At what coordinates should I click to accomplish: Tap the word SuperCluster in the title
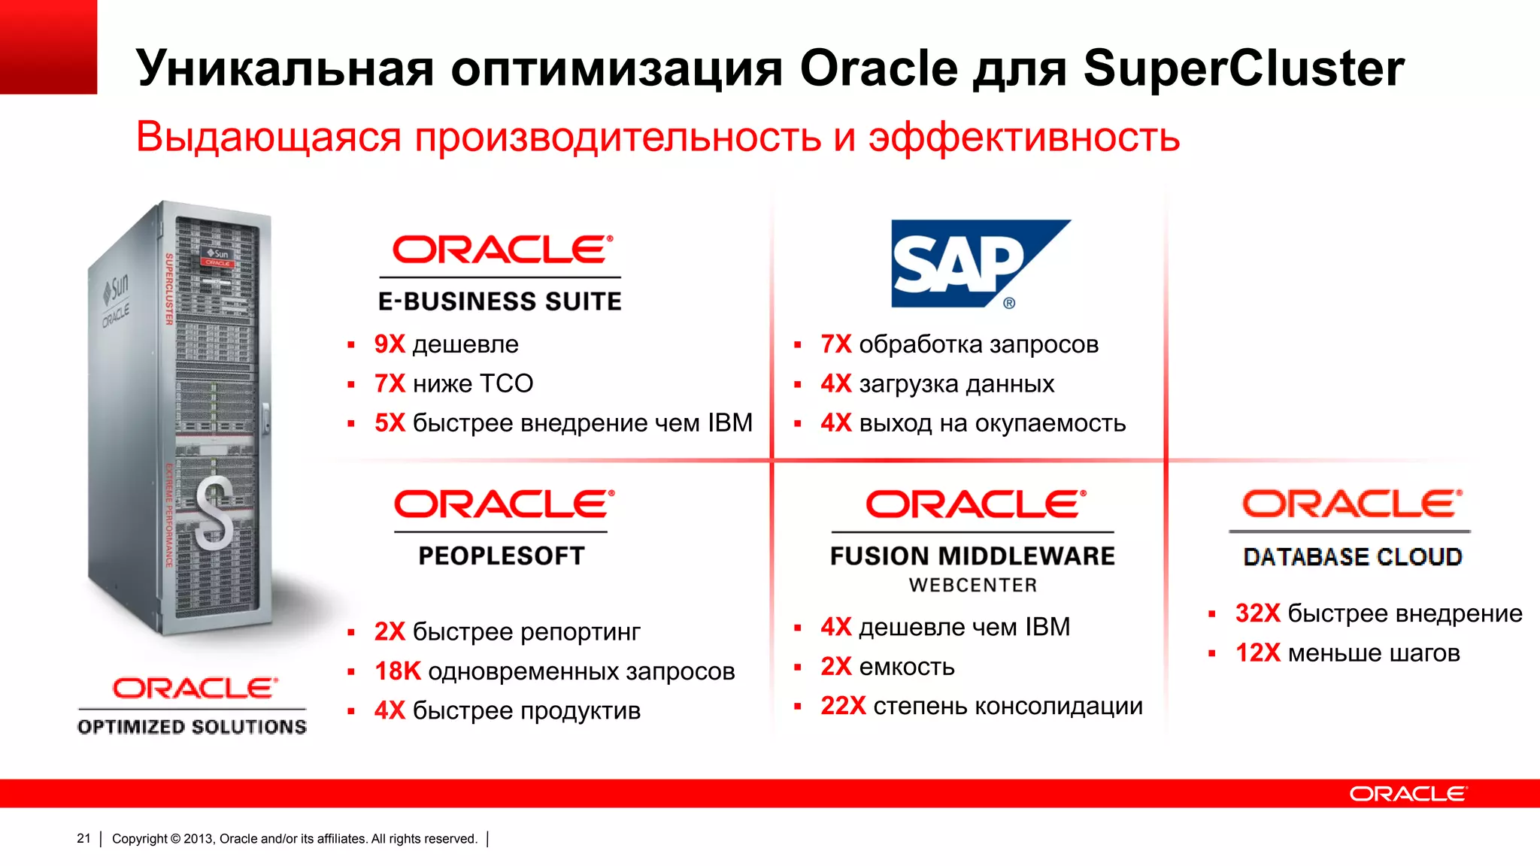(1243, 68)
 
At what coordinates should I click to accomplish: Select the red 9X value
(390, 344)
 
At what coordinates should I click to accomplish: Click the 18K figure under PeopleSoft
(397, 671)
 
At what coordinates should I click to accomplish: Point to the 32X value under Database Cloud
(1257, 613)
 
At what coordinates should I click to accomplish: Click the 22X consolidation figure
(843, 706)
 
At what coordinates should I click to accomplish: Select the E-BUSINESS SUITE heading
(500, 301)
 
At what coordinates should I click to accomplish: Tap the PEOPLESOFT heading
(502, 556)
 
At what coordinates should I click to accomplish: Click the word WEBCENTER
(973, 585)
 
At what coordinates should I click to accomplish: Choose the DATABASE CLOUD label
(1352, 557)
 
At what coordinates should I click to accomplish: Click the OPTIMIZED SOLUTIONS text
(192, 727)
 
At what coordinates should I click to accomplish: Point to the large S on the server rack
(214, 516)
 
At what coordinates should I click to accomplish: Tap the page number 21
(83, 838)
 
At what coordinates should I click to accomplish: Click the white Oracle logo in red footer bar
(1407, 795)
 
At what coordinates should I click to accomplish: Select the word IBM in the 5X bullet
(729, 423)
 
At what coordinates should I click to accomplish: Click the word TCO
(506, 384)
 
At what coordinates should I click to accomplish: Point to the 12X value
(1257, 653)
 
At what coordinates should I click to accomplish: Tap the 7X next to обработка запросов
(835, 344)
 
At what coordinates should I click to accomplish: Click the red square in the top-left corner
(48, 47)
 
